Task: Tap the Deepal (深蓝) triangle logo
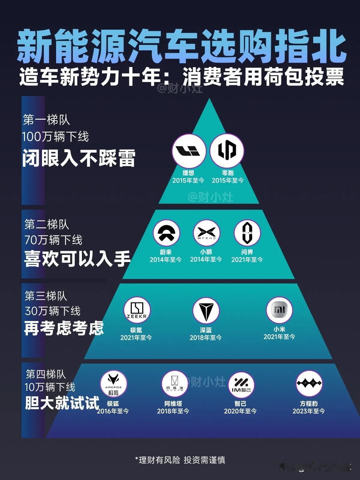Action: [x=206, y=311]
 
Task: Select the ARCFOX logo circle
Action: [x=114, y=384]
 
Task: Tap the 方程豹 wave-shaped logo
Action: [x=309, y=383]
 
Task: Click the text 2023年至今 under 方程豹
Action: [x=309, y=411]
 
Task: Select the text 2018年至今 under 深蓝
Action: [x=205, y=337]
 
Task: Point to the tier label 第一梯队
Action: [x=46, y=120]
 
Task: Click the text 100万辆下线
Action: [x=55, y=137]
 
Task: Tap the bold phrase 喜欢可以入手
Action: [x=77, y=259]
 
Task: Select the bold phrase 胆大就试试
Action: [x=62, y=403]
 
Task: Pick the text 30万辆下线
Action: [x=53, y=311]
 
